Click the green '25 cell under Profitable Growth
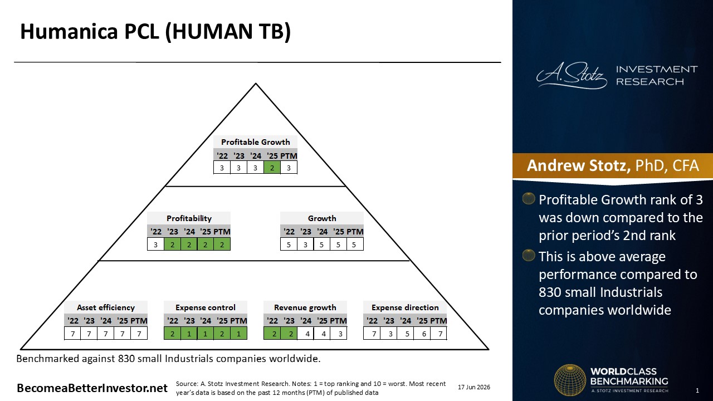point(272,168)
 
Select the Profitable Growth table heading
point(255,142)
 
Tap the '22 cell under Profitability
point(155,244)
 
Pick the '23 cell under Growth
point(305,244)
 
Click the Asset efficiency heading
point(106,307)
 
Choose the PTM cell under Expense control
point(238,334)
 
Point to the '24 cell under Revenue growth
point(307,334)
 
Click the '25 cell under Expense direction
point(424,334)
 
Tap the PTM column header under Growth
point(355,232)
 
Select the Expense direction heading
point(405,307)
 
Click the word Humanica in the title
point(69,31)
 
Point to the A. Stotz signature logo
point(572,75)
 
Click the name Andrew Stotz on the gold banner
point(579,165)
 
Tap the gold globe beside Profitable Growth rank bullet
point(529,198)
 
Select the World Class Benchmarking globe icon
point(570,380)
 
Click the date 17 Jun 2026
point(474,387)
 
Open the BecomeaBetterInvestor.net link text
point(92,388)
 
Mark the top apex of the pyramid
point(256,84)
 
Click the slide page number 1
point(697,390)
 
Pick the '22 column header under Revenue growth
point(272,320)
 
